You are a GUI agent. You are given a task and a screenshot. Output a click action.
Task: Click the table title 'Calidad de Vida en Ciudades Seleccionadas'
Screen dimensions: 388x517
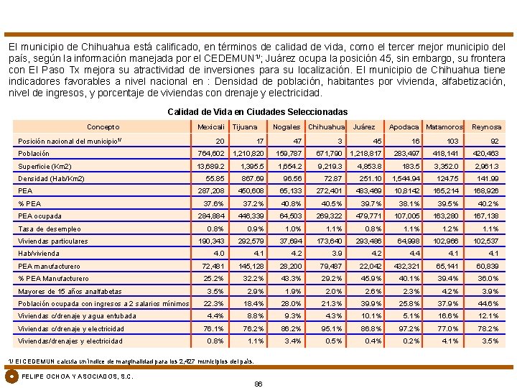click(x=257, y=112)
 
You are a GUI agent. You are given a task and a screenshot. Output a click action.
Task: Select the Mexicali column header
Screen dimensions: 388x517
click(x=211, y=127)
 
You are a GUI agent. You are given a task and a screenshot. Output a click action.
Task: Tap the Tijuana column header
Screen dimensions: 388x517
click(x=245, y=127)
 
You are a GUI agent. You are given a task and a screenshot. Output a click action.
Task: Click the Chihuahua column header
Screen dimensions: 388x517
click(x=327, y=127)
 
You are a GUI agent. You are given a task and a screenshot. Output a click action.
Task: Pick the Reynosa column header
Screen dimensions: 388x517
click(x=486, y=127)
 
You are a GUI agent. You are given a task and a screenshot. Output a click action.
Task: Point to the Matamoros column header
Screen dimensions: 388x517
click(x=444, y=127)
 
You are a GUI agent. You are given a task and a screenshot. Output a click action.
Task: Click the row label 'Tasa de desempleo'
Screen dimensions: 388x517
click(x=50, y=228)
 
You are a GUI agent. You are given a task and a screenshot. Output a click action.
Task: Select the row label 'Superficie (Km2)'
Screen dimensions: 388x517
click(x=45, y=166)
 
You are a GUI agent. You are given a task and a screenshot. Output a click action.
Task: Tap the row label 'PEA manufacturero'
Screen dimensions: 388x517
click(x=50, y=267)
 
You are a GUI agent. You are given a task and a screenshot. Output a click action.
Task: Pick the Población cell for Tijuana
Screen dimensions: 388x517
click(x=249, y=154)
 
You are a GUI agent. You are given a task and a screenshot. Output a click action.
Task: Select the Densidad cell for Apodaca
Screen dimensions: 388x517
click(x=405, y=178)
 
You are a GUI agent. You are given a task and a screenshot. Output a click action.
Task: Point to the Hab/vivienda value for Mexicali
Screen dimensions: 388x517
click(x=219, y=254)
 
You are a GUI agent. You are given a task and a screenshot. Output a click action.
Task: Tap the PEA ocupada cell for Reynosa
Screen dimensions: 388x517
click(x=487, y=216)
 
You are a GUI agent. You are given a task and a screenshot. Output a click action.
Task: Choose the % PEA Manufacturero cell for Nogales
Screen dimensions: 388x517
click(x=292, y=279)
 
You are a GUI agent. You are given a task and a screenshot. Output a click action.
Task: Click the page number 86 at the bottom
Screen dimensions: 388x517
click(x=258, y=384)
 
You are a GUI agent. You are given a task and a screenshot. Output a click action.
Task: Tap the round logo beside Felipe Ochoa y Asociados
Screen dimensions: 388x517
click(x=11, y=376)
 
